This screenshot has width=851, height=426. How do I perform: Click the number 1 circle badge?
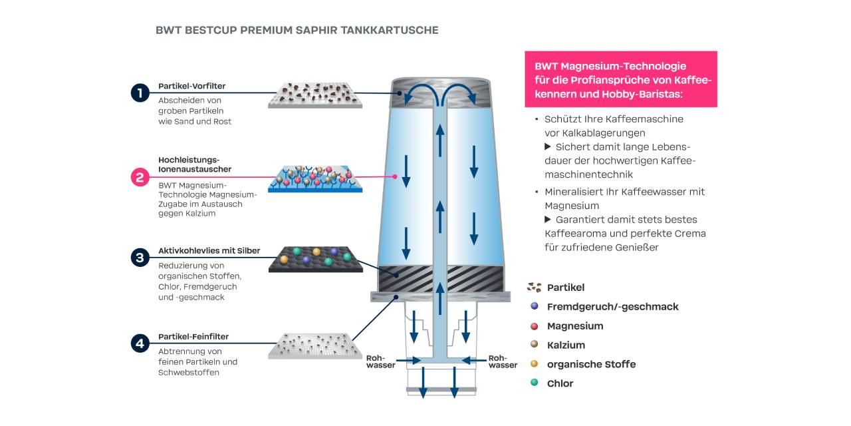(x=140, y=93)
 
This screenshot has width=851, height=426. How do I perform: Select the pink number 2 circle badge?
(x=140, y=177)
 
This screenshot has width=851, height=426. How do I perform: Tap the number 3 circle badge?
(x=140, y=258)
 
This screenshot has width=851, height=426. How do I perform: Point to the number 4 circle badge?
(x=140, y=343)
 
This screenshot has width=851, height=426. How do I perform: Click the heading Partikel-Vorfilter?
(x=191, y=86)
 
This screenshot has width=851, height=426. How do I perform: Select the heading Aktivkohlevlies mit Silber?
(x=209, y=251)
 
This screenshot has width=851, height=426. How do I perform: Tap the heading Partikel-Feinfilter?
(x=193, y=337)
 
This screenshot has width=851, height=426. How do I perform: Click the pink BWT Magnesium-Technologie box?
(x=620, y=79)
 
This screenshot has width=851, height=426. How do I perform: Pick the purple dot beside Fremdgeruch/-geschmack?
(x=534, y=306)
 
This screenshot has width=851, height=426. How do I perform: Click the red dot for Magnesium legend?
(x=534, y=325)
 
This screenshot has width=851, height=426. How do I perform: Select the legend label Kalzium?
(x=566, y=345)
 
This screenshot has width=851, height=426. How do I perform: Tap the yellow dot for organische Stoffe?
(x=534, y=364)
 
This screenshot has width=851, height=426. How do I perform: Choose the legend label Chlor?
(x=560, y=383)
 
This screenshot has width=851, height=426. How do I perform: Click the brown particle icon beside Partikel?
(x=534, y=288)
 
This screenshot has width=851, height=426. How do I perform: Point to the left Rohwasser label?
(x=380, y=361)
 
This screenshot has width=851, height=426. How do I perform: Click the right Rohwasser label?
(x=503, y=361)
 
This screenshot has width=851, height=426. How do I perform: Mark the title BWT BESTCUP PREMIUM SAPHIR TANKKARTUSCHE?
(x=297, y=31)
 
